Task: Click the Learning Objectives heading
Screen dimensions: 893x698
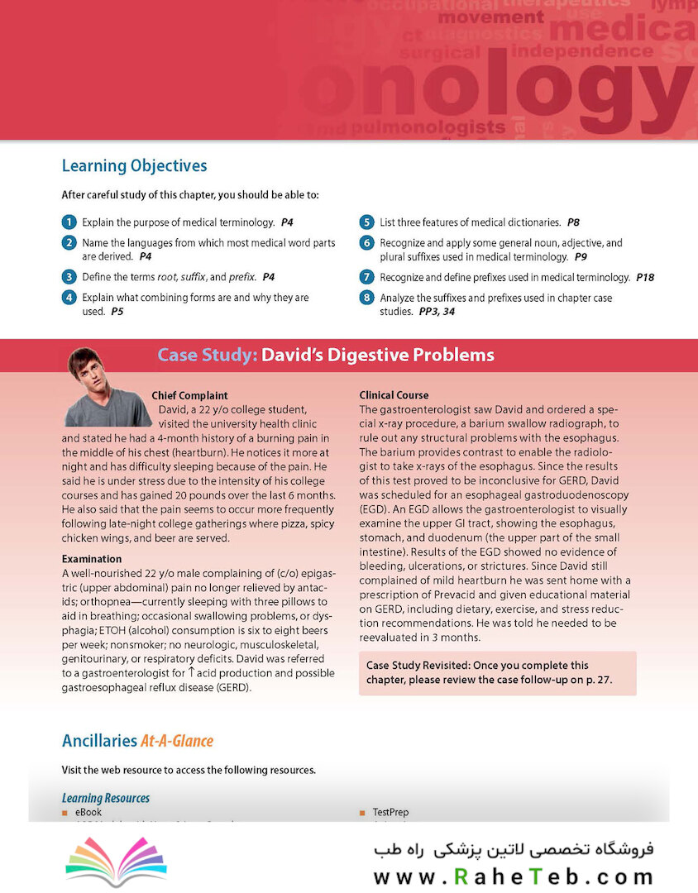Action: pos(134,166)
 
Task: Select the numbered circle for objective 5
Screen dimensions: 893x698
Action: pos(366,222)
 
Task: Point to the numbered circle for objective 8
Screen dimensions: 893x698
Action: pos(366,298)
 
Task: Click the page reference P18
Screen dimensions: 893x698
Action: pos(645,277)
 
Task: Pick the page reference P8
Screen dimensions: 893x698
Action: pos(573,222)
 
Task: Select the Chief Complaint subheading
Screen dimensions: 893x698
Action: pos(189,395)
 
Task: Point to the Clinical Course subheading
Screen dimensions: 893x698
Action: pos(394,395)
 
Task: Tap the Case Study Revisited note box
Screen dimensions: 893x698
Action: pos(498,672)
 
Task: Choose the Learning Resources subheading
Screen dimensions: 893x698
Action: pos(106,798)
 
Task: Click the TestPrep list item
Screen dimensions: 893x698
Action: pos(390,813)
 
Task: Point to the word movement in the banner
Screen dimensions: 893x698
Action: pos(491,17)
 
